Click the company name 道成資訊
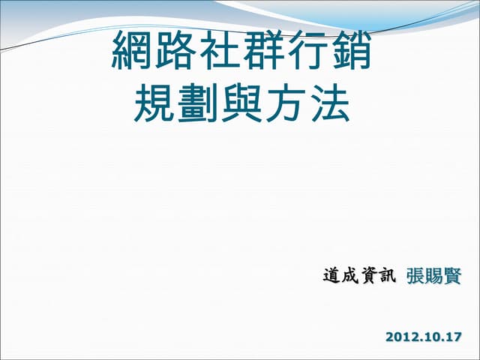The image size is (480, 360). tap(358, 276)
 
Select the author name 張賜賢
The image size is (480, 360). tap(434, 276)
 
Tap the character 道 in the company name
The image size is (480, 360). tap(331, 276)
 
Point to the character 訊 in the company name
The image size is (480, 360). tap(385, 276)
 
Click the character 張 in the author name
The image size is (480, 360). tap(415, 276)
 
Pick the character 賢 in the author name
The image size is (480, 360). tap(453, 276)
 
